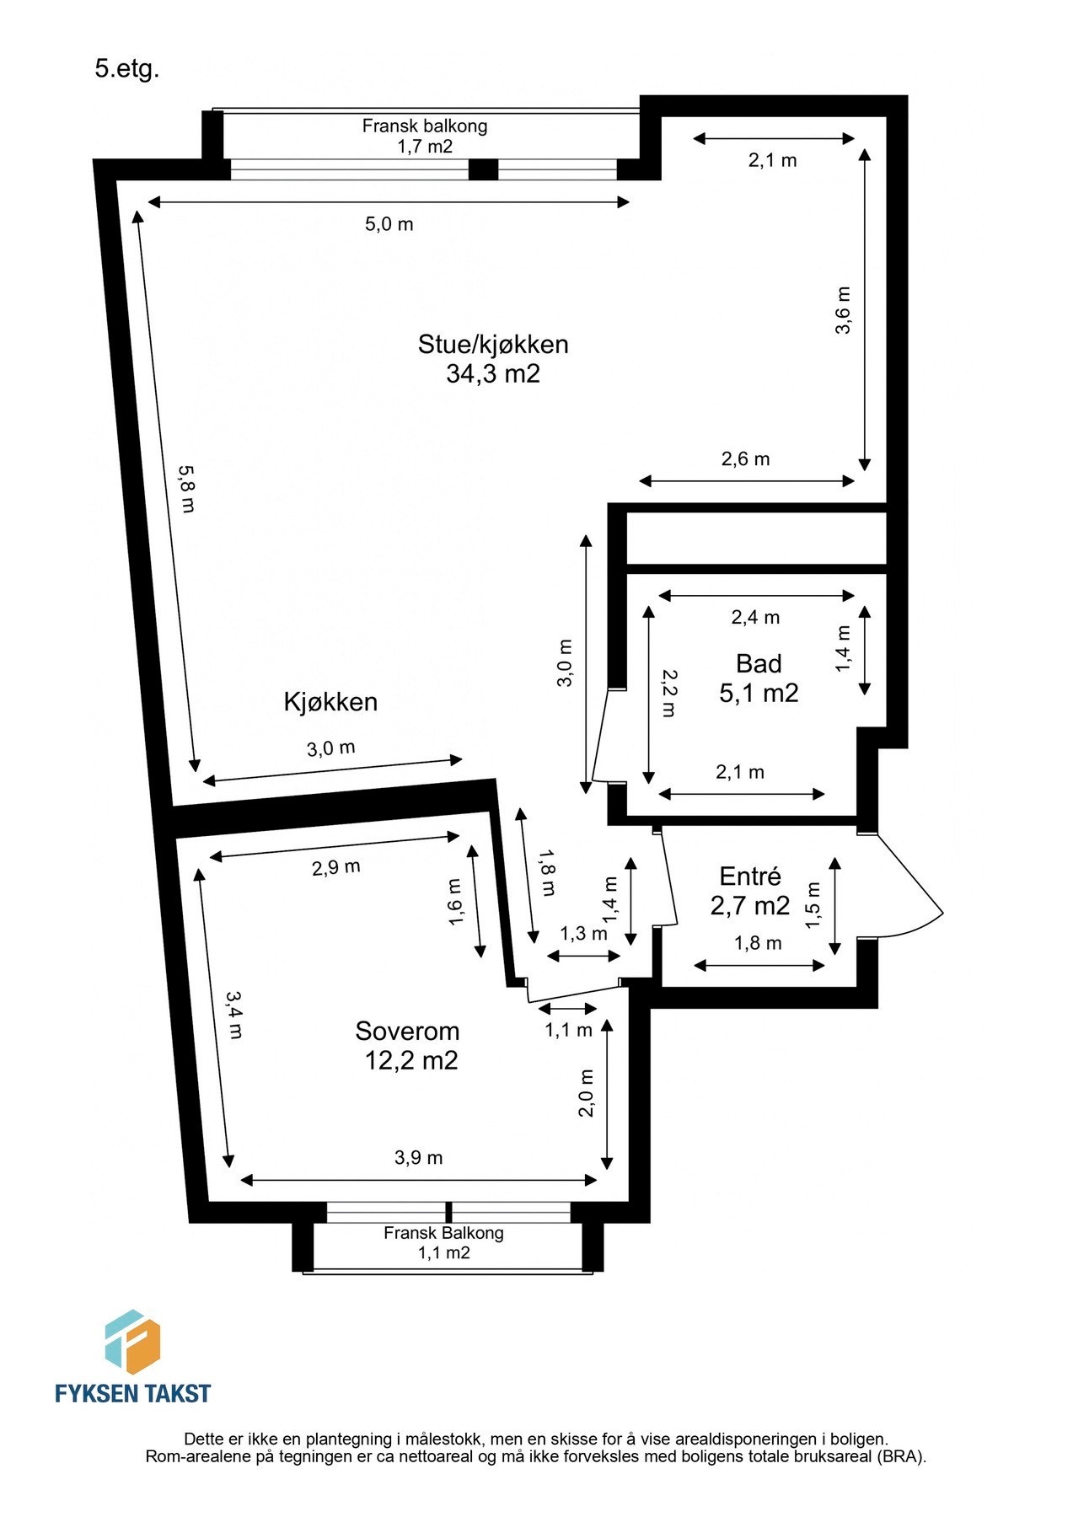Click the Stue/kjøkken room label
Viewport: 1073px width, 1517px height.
[493, 344]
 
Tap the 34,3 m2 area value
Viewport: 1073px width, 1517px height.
[492, 373]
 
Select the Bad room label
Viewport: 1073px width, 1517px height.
[759, 663]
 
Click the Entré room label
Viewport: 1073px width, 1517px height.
[750, 876]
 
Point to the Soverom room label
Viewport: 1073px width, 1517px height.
[407, 1031]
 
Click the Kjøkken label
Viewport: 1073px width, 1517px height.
[330, 702]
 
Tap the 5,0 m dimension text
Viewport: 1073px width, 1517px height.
[389, 224]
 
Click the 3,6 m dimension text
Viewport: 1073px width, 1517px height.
[843, 310]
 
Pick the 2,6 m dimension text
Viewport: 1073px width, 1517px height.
[745, 459]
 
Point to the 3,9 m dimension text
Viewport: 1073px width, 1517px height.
[418, 1158]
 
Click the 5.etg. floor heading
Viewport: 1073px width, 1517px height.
[126, 70]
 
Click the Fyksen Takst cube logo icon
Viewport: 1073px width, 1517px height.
[132, 1343]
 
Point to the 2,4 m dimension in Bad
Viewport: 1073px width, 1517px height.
[755, 617]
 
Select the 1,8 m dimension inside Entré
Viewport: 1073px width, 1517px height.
[758, 943]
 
